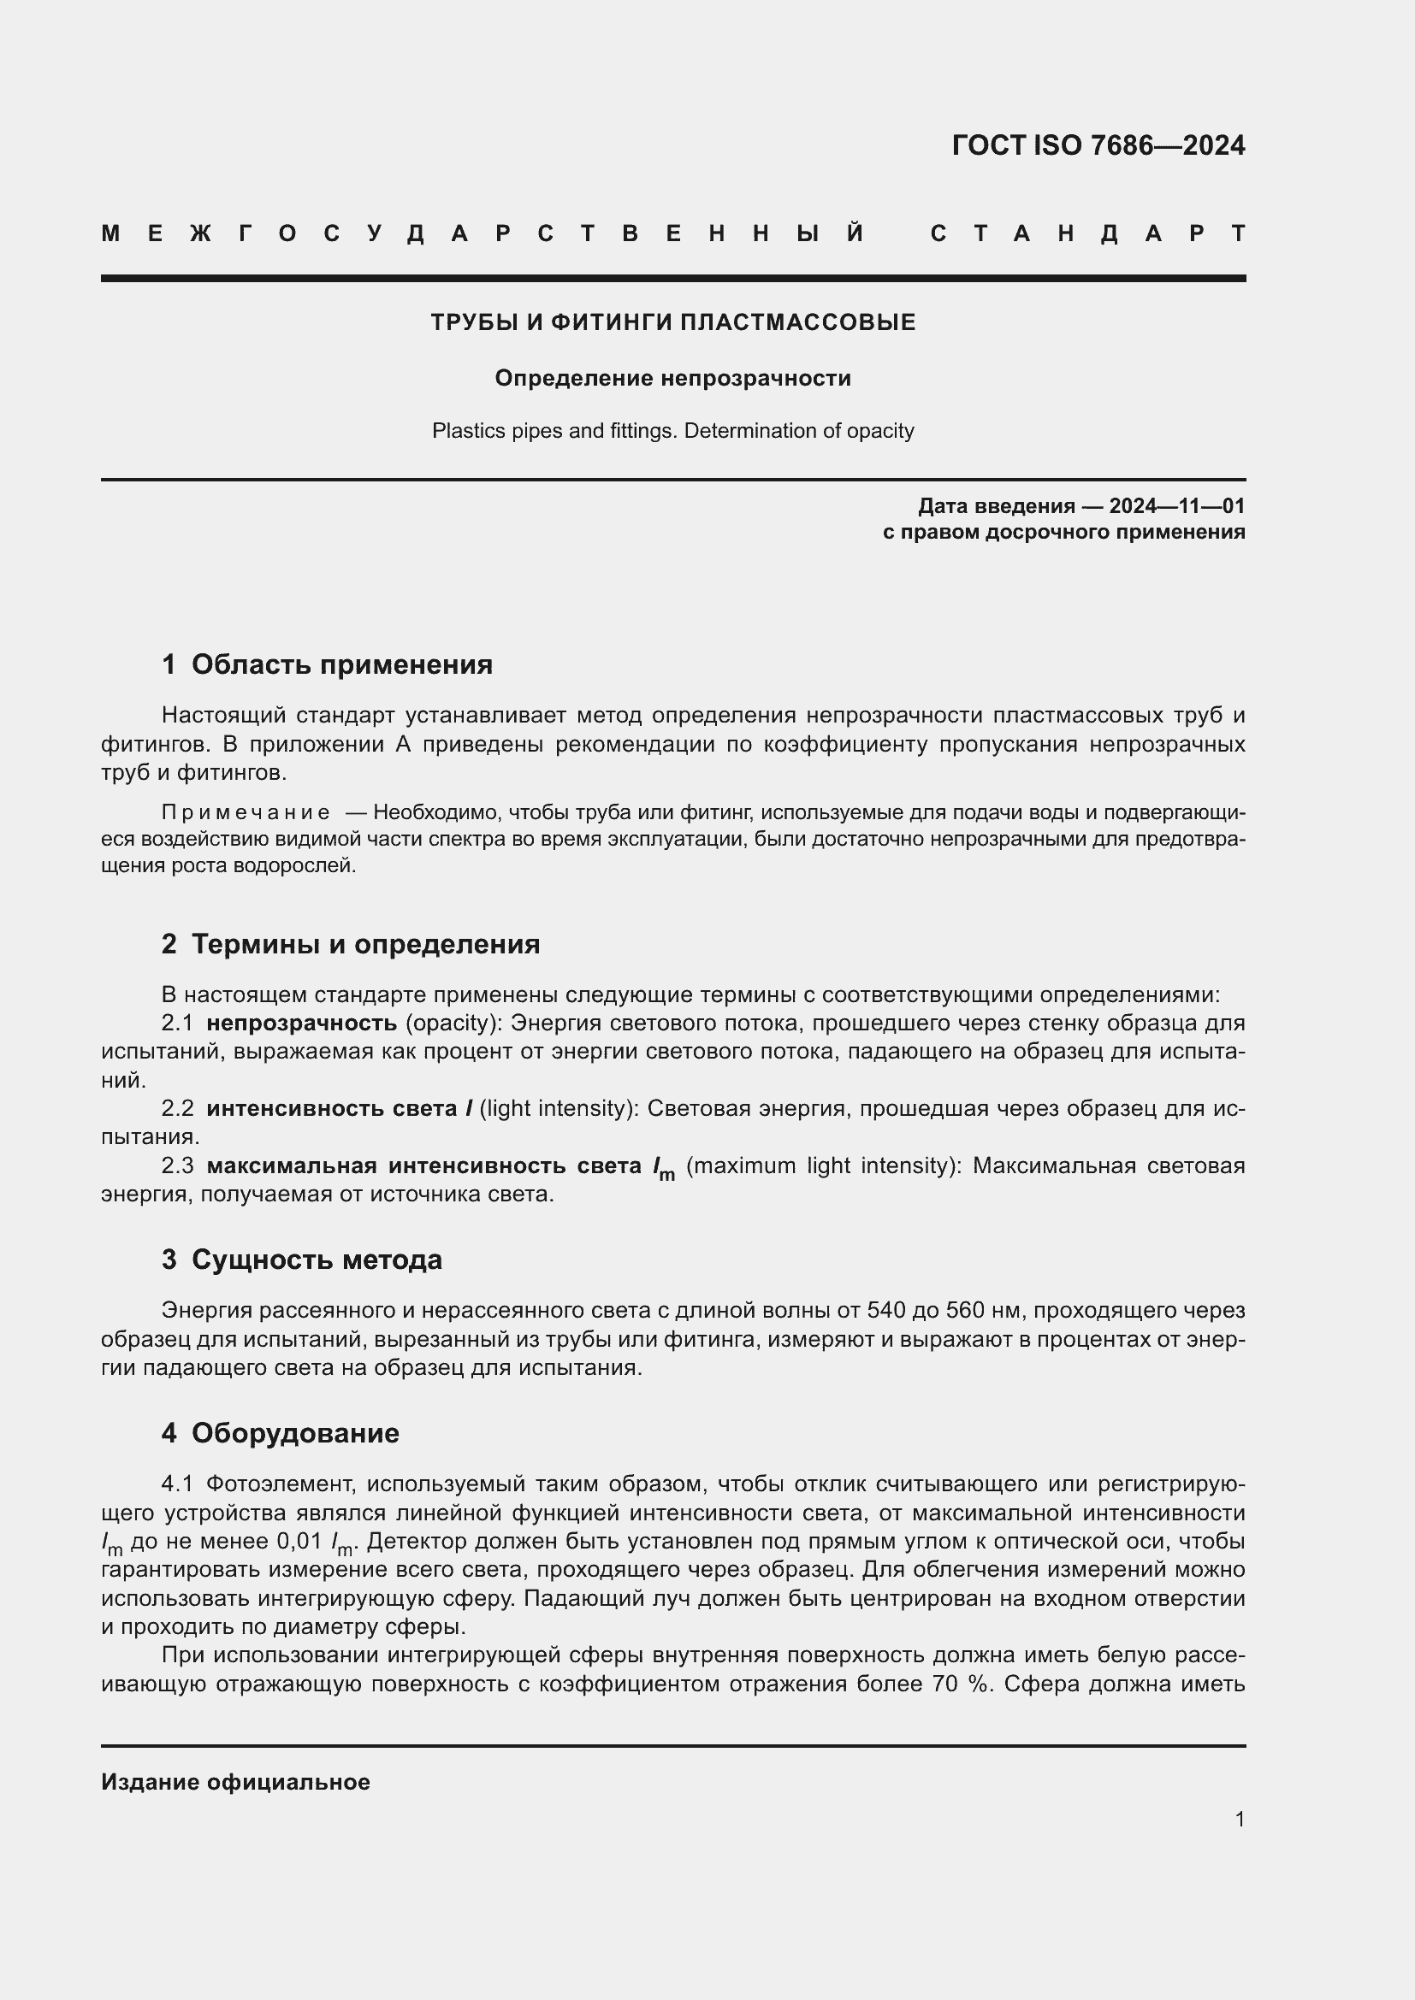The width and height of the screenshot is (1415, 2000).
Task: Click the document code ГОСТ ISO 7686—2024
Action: click(x=1098, y=145)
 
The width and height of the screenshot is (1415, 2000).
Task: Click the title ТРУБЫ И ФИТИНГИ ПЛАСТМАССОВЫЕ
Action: click(x=672, y=323)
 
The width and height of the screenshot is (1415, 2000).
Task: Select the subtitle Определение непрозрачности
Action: click(x=672, y=378)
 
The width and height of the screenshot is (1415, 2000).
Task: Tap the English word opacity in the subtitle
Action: click(x=886, y=431)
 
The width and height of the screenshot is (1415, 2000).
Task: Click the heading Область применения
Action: click(x=341, y=664)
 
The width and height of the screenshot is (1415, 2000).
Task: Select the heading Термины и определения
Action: click(x=365, y=944)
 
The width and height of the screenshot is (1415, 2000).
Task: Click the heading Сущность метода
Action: click(x=317, y=1260)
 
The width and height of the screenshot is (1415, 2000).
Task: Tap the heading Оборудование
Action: click(x=295, y=1433)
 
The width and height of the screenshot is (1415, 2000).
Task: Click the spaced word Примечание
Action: click(x=246, y=812)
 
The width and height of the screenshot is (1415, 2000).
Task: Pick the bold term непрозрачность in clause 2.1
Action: click(x=301, y=1023)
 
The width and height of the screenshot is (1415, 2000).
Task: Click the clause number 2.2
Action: click(x=178, y=1109)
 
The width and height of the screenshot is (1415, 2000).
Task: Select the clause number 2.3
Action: click(x=178, y=1165)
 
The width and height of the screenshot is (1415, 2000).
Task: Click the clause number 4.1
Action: click(x=178, y=1484)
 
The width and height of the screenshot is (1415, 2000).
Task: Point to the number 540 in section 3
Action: click(x=885, y=1310)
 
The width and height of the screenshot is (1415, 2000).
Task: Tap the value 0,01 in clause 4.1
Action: click(x=299, y=1541)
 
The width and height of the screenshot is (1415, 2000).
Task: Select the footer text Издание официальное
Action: click(x=235, y=1782)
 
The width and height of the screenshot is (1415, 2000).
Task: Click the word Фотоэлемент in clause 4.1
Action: click(x=279, y=1484)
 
